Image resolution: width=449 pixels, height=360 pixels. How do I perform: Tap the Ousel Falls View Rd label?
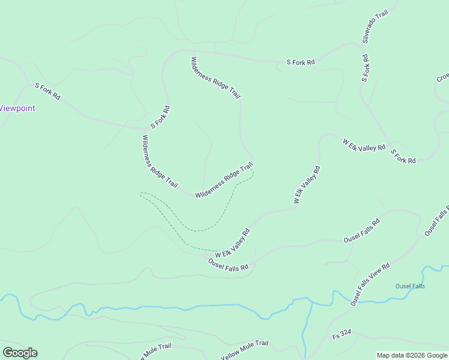(370, 285)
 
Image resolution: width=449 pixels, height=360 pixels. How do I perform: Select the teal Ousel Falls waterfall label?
(410, 286)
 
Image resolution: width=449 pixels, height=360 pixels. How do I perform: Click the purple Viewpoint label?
(17, 109)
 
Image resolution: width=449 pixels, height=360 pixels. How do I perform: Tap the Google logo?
(20, 353)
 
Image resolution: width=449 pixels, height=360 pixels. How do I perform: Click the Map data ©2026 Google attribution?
(412, 355)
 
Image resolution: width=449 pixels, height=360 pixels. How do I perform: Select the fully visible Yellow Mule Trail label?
(244, 350)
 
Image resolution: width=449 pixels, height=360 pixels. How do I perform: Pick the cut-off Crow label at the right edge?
(442, 78)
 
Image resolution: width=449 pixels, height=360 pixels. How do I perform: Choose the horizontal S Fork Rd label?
(300, 62)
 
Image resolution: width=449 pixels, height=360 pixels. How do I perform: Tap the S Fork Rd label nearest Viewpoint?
(47, 92)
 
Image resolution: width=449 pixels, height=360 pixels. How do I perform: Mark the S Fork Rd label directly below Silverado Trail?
(364, 68)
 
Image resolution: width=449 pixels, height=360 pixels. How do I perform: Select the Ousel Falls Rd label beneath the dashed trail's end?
(228, 265)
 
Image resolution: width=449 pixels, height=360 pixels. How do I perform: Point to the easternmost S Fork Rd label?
(403, 157)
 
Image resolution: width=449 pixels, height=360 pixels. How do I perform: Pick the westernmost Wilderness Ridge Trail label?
(159, 161)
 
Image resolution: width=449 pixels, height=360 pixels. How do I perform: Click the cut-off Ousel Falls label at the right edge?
(436, 220)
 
